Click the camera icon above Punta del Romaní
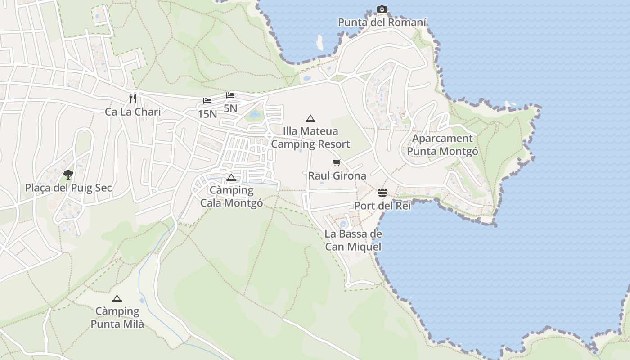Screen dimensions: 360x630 [x=382, y=9]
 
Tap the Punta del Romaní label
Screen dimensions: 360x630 [x=382, y=22]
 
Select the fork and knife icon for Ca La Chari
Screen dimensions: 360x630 [x=133, y=98]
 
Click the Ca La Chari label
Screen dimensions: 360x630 [x=133, y=112]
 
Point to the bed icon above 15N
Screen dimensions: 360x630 [x=207, y=101]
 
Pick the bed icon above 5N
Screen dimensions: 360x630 [x=230, y=95]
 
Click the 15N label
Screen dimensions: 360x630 [x=207, y=114]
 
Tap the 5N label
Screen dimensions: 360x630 [x=230, y=108]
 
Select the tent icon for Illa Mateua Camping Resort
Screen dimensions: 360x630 [x=310, y=119]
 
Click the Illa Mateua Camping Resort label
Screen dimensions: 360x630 [x=310, y=138]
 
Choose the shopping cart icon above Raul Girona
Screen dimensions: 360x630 [x=337, y=163]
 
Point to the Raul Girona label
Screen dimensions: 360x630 [x=337, y=175]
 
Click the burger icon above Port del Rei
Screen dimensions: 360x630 [x=382, y=193]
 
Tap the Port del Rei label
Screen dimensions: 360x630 [x=382, y=206]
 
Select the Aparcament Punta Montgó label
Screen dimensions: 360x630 [x=442, y=144]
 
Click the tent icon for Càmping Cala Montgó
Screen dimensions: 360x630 [x=231, y=177]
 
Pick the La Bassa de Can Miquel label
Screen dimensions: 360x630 [x=353, y=240]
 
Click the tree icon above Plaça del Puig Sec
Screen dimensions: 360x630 [x=68, y=174]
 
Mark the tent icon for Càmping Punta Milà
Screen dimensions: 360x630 [x=117, y=298]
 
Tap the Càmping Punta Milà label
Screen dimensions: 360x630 [x=117, y=317]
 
